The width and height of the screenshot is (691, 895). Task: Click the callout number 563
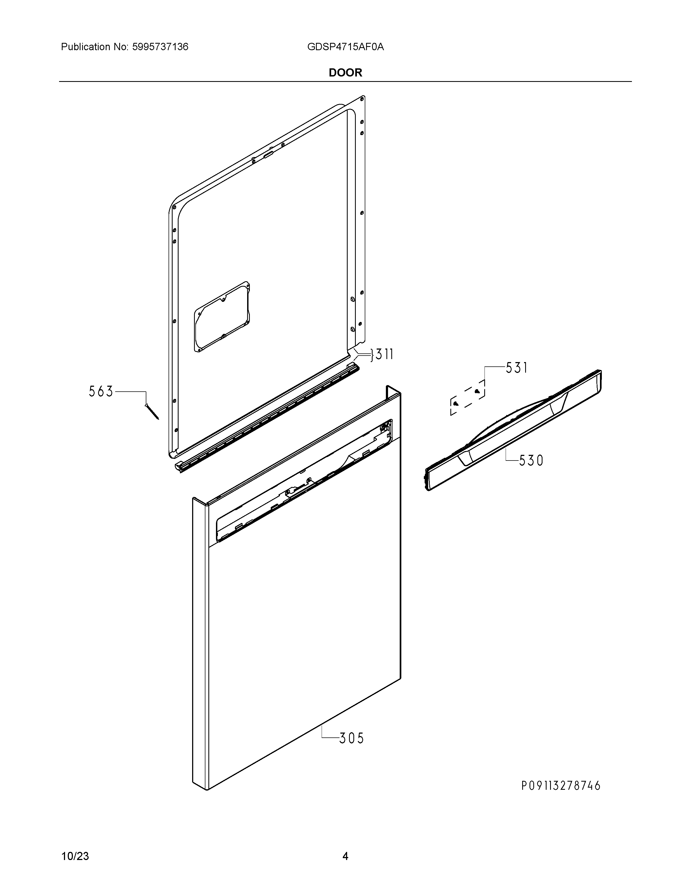coord(101,392)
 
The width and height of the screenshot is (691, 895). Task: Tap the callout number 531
coord(516,368)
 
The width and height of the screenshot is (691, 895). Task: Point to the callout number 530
coord(531,461)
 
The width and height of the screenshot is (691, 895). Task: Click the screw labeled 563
coord(152,412)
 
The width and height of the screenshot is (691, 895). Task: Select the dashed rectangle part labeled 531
coord(467,398)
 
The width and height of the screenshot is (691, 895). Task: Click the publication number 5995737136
coord(160,47)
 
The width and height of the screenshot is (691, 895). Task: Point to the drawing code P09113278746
coord(561,786)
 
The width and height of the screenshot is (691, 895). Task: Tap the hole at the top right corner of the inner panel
coord(362,98)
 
